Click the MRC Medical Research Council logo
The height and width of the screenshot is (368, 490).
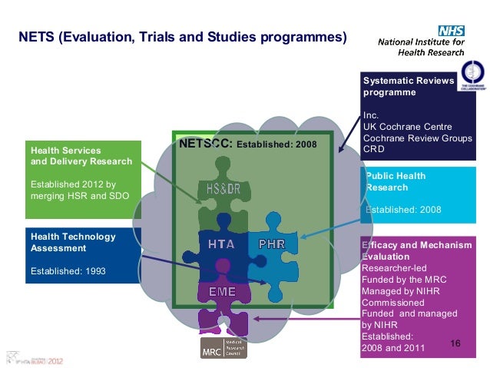[224, 348]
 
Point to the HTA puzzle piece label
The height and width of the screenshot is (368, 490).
[221, 244]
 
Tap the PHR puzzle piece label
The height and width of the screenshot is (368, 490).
[273, 244]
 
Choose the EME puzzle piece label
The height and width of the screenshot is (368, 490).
[222, 292]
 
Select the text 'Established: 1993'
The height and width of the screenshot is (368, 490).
[68, 271]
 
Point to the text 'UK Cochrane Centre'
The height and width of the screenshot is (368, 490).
[408, 126]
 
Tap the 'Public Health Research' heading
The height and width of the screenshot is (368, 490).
[396, 181]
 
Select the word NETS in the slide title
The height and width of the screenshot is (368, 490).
[36, 37]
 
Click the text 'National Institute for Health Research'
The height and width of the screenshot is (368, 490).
[421, 48]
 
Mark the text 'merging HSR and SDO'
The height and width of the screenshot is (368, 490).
[79, 196]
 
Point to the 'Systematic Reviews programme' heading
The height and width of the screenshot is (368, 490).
[408, 86]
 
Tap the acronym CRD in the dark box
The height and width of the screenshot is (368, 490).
[373, 148]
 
